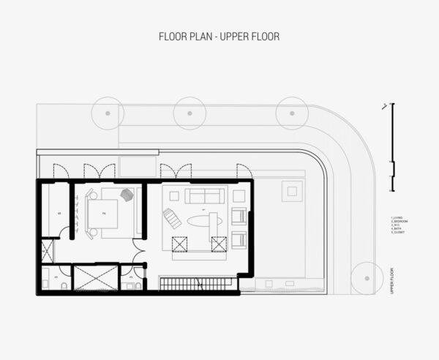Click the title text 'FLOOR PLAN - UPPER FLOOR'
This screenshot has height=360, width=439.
coord(219,36)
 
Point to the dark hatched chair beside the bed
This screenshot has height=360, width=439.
coord(127,195)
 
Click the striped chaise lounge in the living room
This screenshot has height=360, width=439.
coord(172,217)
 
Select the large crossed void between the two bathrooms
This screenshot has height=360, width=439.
coord(96,278)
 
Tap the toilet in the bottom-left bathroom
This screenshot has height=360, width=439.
coord(64,284)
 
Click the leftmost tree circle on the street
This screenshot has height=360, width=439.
coord(108,113)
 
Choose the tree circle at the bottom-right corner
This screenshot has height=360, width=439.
coord(365,278)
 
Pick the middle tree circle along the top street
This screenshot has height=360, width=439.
coord(190,113)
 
